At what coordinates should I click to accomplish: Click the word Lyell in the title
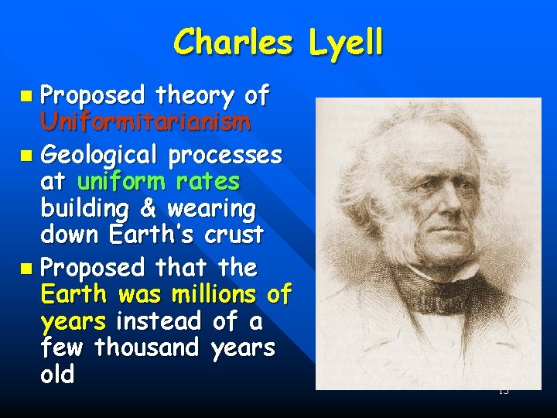click(x=345, y=43)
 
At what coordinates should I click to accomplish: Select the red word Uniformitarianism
click(x=145, y=122)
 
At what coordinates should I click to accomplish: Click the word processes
click(x=226, y=155)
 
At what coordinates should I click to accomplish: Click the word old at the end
click(x=58, y=375)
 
